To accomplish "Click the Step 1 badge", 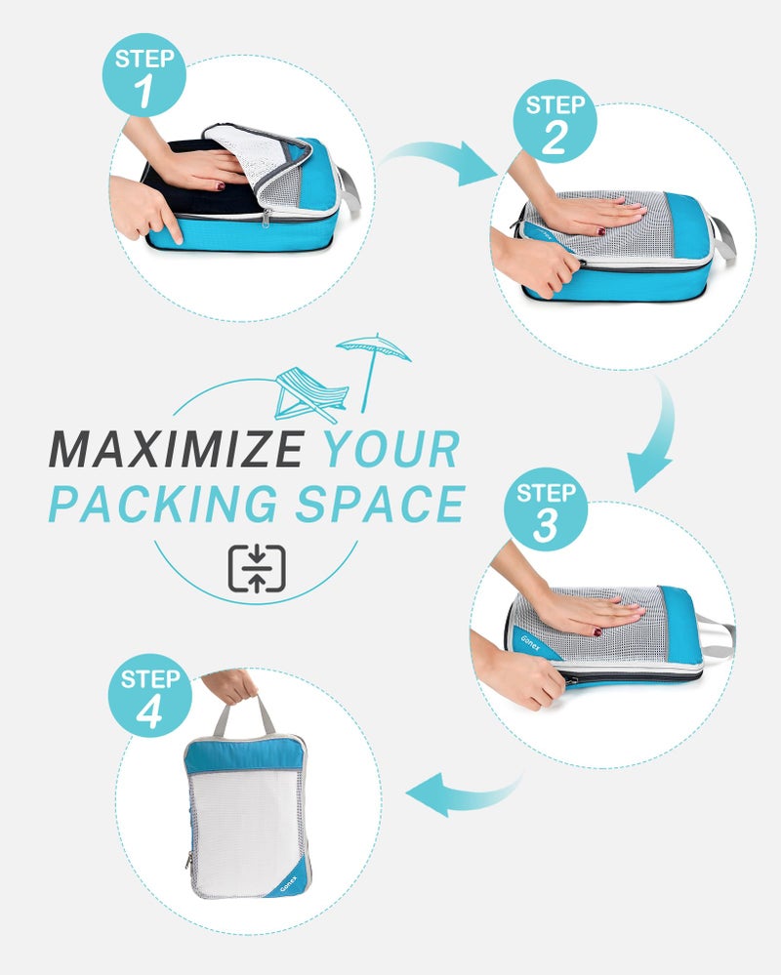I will point(144,75).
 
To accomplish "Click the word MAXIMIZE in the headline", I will point(176,450).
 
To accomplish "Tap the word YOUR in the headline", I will point(390,450).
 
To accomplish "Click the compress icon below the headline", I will point(257,569).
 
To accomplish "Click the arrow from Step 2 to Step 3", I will point(654,439).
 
